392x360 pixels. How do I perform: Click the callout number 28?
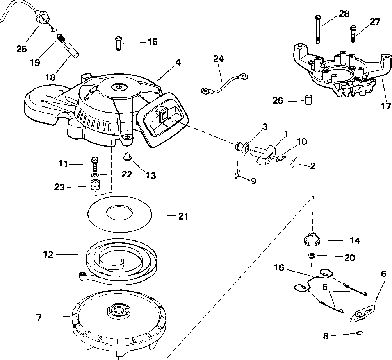(x=344, y=14)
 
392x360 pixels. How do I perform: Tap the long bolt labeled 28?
(x=318, y=29)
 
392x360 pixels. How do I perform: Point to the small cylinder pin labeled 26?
(x=308, y=100)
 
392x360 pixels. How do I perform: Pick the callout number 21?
(x=183, y=216)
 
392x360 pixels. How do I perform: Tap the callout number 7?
(x=39, y=317)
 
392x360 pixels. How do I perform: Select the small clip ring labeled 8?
(x=359, y=333)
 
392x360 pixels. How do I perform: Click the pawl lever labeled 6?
(x=362, y=313)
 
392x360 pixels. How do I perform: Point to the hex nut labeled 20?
(x=312, y=256)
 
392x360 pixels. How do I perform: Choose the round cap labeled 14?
(x=312, y=239)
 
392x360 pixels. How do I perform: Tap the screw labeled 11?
(x=95, y=163)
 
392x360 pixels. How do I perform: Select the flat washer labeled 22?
(x=95, y=174)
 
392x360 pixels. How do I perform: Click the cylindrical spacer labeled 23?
(x=95, y=184)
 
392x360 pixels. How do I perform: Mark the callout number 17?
(x=386, y=106)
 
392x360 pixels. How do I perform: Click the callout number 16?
(x=279, y=267)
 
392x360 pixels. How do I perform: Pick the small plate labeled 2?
(x=293, y=163)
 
